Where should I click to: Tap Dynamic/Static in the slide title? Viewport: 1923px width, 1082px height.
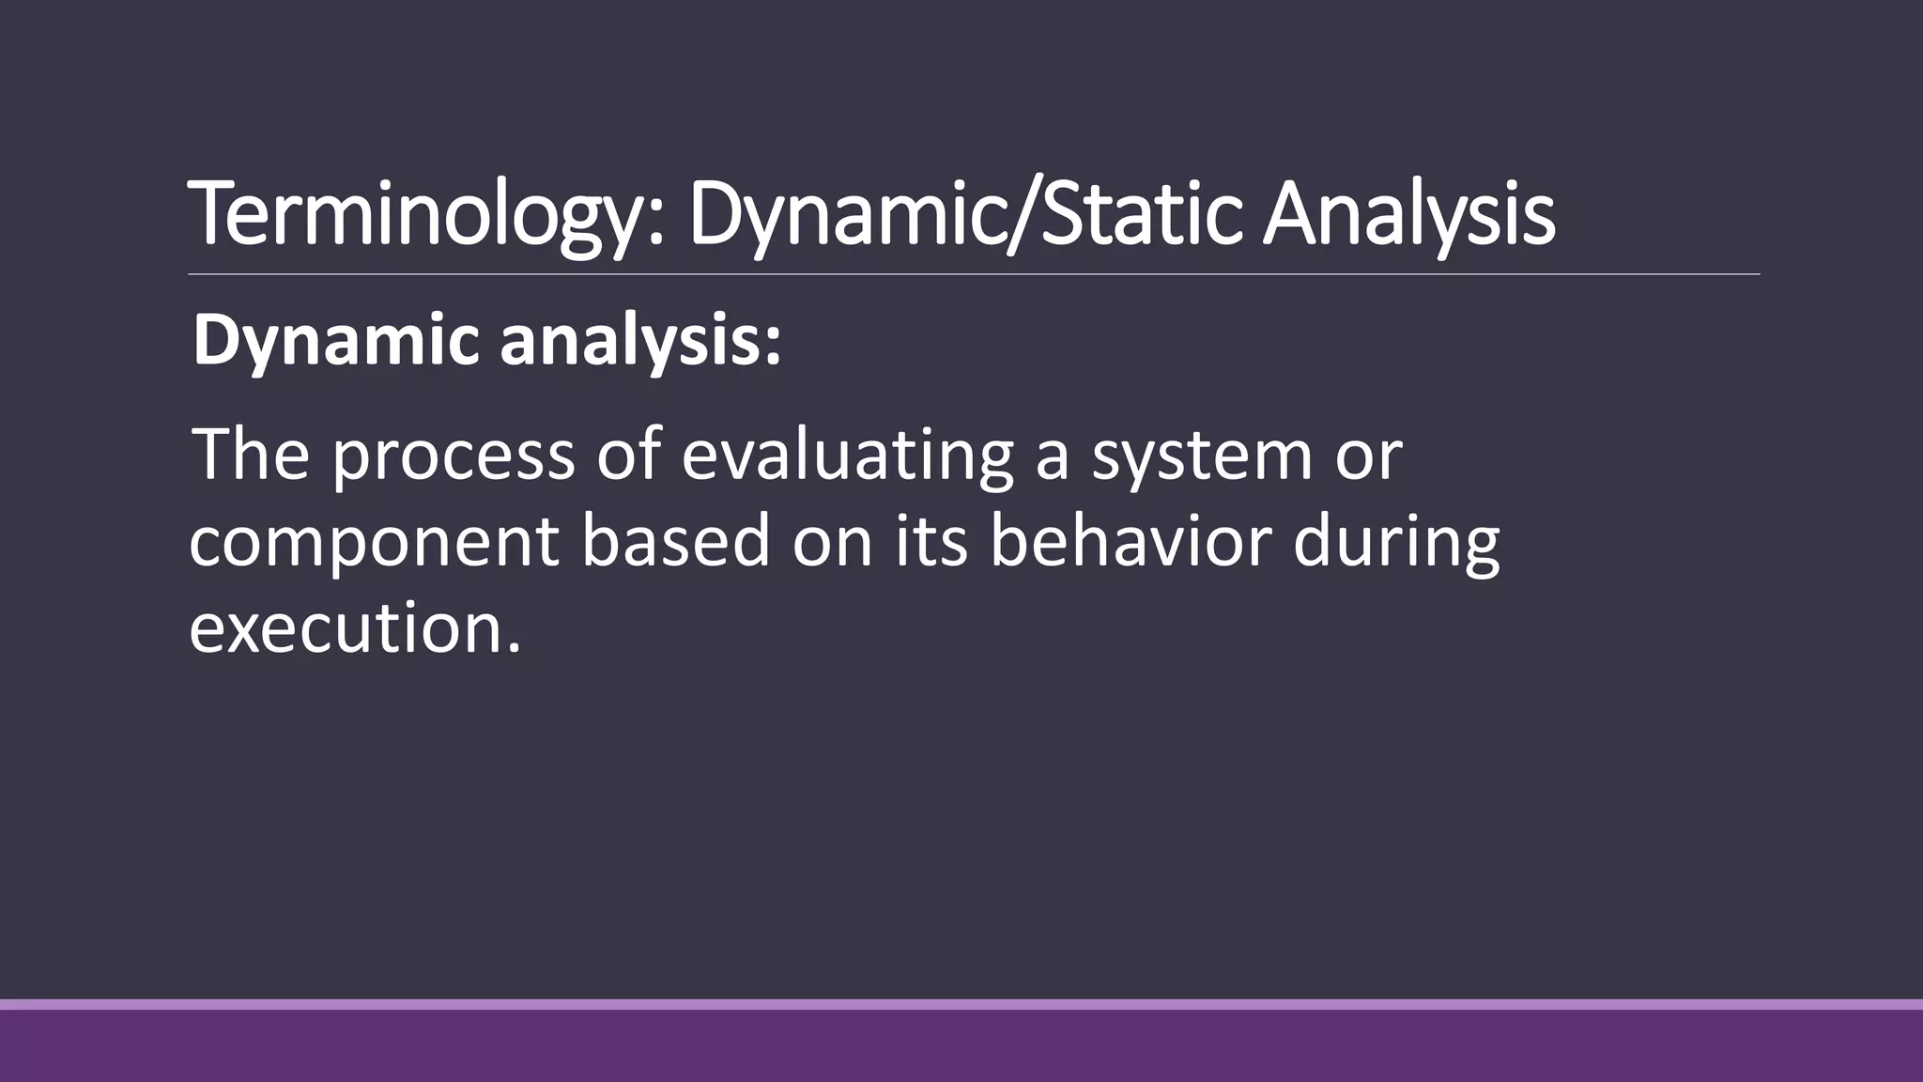pos(967,215)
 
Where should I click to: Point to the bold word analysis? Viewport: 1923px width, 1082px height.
pos(640,342)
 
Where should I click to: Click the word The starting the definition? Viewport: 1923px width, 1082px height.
pos(251,455)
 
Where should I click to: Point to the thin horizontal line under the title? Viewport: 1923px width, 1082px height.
pos(974,275)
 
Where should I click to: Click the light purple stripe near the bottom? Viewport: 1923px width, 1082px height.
pos(961,1004)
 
